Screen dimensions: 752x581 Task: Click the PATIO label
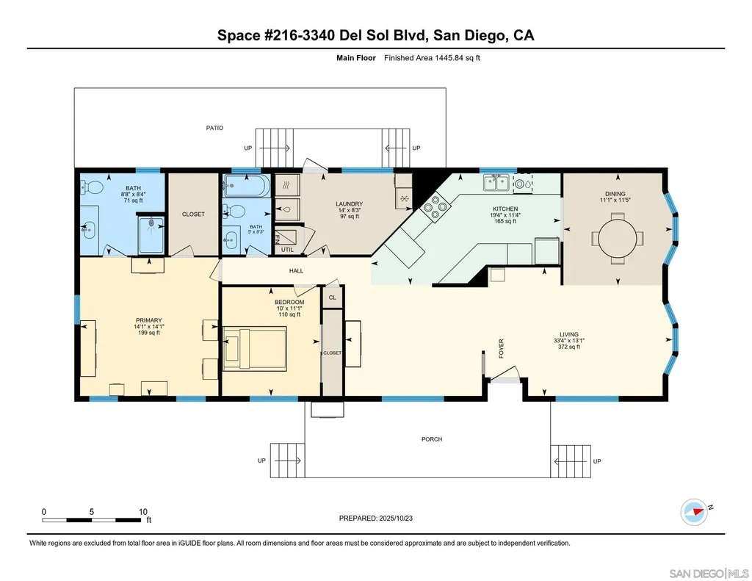coord(214,128)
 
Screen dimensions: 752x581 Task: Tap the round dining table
coord(618,239)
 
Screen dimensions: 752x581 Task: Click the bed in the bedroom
coord(256,348)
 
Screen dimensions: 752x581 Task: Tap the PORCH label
coord(432,439)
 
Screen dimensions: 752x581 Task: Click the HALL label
coord(297,271)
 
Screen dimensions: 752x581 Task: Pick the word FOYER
coord(501,349)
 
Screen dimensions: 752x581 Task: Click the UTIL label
coord(287,250)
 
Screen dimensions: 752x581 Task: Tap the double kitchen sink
coord(496,183)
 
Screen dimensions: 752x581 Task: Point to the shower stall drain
coord(152,223)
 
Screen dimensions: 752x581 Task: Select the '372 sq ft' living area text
coord(569,347)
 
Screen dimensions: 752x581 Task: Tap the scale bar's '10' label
coord(143,512)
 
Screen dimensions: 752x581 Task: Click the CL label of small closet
coord(333,297)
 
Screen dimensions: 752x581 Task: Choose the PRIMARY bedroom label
coord(148,320)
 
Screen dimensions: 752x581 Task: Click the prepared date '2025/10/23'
coord(396,518)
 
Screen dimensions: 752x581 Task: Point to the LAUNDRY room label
coord(349,204)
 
